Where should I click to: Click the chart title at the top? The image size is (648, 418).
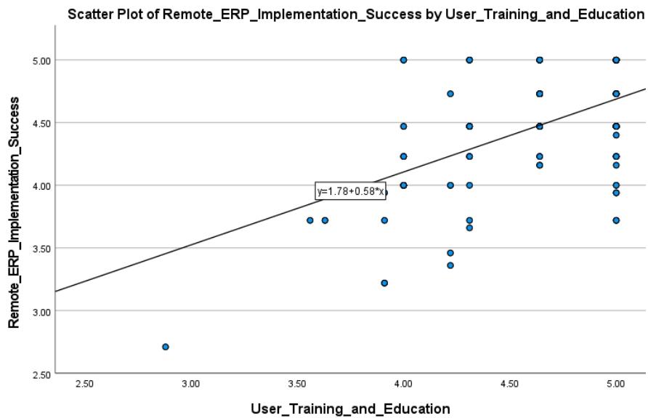click(356, 14)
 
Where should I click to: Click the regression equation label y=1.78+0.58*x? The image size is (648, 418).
click(350, 192)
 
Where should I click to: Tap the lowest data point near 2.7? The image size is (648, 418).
click(166, 347)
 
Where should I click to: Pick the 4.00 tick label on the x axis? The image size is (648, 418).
click(403, 383)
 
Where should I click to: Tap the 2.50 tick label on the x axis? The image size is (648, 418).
click(85, 383)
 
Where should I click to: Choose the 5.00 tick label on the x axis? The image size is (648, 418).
click(615, 383)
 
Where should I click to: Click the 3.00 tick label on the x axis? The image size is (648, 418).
click(191, 383)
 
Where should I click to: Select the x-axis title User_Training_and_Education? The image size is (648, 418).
click(350, 409)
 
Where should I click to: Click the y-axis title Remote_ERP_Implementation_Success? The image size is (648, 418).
click(14, 212)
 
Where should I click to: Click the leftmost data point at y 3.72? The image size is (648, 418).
click(310, 220)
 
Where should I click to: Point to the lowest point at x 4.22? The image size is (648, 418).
click(450, 265)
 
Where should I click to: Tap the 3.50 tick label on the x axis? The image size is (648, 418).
click(297, 383)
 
